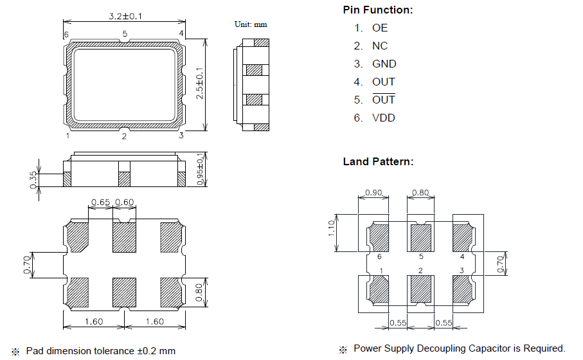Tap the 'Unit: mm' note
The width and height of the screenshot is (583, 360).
tap(251, 24)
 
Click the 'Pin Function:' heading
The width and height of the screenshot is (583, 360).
tap(378, 10)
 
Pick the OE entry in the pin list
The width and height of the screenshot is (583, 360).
tap(379, 28)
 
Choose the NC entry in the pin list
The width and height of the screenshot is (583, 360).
tap(379, 46)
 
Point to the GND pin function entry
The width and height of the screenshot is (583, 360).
tap(384, 64)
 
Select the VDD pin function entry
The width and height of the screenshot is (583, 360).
tap(383, 118)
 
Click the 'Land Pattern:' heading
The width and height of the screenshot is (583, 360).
tap(378, 161)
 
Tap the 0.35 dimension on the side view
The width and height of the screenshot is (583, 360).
tap(33, 179)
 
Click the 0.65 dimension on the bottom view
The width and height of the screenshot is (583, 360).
tap(100, 203)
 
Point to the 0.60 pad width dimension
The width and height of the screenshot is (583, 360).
tap(124, 203)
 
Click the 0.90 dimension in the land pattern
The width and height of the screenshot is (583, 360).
tap(373, 192)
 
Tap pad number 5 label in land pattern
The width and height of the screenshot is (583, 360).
tap(420, 256)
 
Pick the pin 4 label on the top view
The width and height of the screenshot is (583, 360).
tap(181, 33)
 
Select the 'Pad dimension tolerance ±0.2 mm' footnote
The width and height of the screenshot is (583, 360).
tap(100, 351)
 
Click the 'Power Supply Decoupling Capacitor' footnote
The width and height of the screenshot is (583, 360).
tap(459, 348)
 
